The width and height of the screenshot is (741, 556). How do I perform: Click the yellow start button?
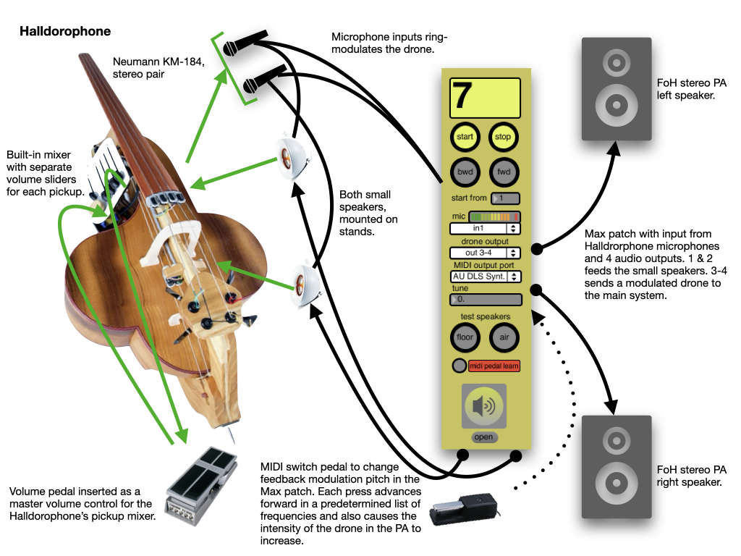click(465, 137)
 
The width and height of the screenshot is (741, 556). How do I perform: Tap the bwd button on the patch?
click(465, 172)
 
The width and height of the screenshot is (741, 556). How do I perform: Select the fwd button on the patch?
click(503, 172)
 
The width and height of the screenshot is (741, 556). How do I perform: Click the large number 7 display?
click(485, 98)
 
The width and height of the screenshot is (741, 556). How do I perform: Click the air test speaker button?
click(504, 337)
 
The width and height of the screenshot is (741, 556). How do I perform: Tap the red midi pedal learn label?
click(494, 366)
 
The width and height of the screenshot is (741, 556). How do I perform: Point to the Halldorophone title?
click(65, 32)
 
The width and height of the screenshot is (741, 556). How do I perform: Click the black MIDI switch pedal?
click(462, 512)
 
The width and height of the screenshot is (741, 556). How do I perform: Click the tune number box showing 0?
click(485, 300)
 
